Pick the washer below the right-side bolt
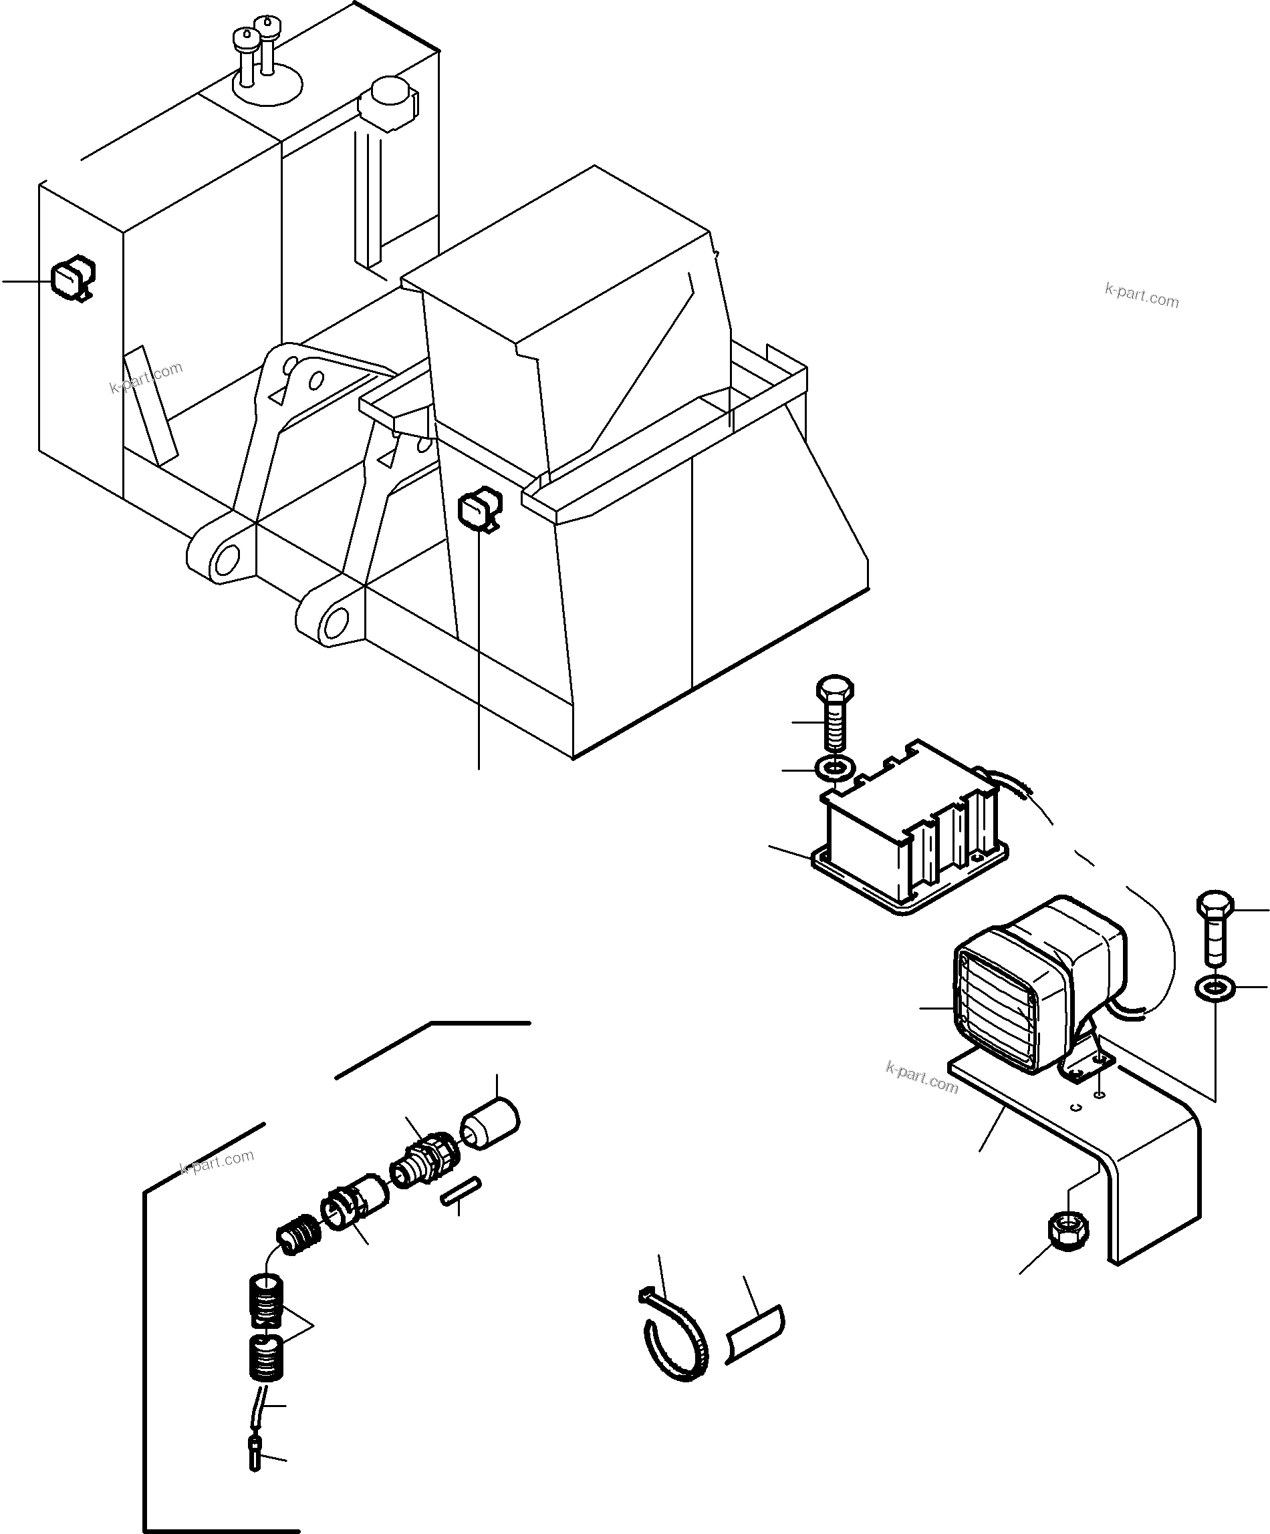pos(1215,989)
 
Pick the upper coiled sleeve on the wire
pos(265,1301)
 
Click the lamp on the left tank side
pos(72,279)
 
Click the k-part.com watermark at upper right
pos(1142,296)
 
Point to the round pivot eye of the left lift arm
pos(227,559)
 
